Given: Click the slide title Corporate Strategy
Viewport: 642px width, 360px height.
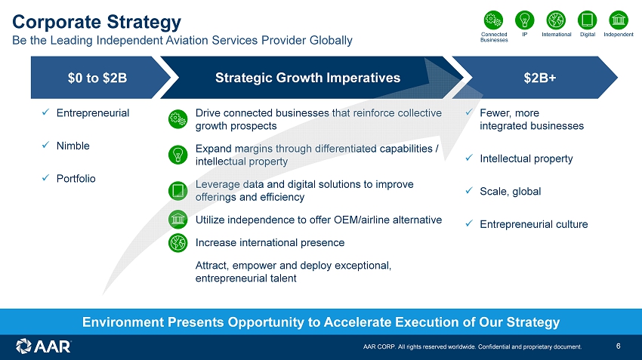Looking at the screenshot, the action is tap(97, 22).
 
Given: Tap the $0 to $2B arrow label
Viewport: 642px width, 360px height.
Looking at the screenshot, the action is tap(97, 78).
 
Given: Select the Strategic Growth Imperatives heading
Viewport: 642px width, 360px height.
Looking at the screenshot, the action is tap(308, 78).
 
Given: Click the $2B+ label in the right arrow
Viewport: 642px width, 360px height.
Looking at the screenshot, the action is tap(539, 78).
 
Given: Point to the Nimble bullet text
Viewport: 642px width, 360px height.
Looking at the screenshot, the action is tap(73, 146).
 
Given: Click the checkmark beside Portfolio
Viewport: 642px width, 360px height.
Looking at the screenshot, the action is tap(46, 178).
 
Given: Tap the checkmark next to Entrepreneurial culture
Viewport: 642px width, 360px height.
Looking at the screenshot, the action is tap(469, 223).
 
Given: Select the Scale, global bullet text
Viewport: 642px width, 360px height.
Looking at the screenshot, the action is tap(510, 192).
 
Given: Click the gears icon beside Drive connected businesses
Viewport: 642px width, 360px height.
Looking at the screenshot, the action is tap(178, 119).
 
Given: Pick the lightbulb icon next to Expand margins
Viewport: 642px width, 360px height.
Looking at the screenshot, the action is tap(178, 155).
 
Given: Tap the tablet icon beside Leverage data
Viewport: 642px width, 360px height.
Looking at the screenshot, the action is tap(178, 191).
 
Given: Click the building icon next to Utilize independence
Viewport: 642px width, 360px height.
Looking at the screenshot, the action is tap(178, 220).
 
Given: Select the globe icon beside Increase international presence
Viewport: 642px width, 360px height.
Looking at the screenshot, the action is tap(178, 242).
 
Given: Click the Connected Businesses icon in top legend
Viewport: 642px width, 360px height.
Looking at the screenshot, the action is tap(493, 20).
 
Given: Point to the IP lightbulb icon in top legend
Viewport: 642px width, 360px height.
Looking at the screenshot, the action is tap(524, 20).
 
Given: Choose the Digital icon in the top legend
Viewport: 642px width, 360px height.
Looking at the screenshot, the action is tap(588, 20).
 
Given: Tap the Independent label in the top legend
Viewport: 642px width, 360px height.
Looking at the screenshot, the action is tap(619, 35).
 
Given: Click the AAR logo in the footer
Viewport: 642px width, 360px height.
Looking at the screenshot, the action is tap(43, 346).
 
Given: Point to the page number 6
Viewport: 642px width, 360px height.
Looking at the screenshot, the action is tap(619, 346).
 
